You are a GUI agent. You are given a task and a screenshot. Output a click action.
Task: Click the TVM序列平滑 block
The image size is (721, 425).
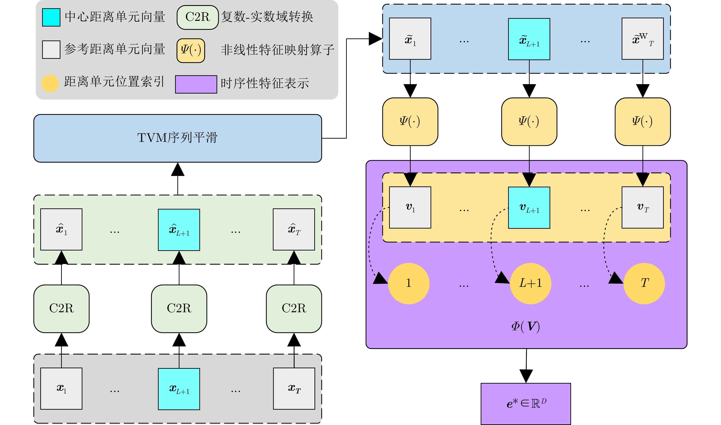(177, 138)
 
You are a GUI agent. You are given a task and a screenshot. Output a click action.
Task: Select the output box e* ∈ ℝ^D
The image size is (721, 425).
(526, 403)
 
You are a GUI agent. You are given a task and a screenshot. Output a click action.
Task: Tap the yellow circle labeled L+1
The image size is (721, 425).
(530, 284)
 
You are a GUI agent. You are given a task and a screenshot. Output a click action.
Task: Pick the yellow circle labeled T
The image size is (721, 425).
(644, 284)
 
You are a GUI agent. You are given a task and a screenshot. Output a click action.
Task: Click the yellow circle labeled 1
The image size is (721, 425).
(409, 284)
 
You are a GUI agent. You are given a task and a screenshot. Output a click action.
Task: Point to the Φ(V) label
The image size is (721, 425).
(526, 326)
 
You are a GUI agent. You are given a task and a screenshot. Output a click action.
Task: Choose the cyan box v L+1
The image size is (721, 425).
(529, 208)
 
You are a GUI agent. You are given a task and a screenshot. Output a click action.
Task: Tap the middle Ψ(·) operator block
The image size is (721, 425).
(529, 122)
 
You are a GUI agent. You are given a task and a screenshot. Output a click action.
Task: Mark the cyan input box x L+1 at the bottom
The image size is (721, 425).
(179, 389)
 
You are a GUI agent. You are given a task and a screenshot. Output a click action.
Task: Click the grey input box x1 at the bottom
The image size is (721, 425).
(61, 389)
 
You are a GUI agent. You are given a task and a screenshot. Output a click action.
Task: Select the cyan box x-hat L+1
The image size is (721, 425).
(179, 230)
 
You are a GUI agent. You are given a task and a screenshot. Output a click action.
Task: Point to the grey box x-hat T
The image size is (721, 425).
(294, 229)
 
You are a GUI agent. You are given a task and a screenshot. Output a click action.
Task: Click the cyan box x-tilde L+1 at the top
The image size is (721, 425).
(529, 39)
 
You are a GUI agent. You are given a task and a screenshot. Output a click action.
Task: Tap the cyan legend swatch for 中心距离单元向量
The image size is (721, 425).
(51, 17)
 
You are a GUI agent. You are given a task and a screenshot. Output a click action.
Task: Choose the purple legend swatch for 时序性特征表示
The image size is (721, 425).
(196, 84)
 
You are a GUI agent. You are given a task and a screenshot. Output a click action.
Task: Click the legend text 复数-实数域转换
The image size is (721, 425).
(267, 17)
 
